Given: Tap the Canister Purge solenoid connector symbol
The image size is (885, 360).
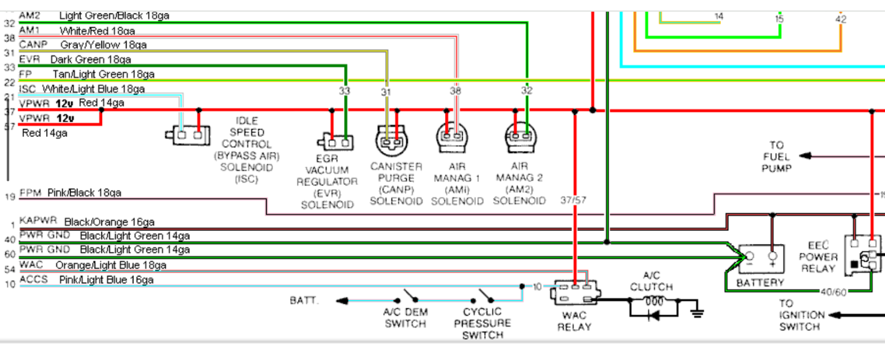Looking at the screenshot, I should [392, 141].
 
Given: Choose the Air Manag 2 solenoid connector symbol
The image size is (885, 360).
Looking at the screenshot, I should [522, 136].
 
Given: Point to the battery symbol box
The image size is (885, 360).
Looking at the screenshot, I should [760, 260].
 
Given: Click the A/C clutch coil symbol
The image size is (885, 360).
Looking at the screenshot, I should [653, 301].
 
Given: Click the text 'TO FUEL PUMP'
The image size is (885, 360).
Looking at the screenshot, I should [777, 157].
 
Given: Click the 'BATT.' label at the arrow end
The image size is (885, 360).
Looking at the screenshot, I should [305, 301].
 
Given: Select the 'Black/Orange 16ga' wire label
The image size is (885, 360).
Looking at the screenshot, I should [109, 222].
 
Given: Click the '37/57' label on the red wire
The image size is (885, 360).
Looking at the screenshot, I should [573, 200].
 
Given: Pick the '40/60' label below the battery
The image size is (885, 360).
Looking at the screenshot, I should [832, 291].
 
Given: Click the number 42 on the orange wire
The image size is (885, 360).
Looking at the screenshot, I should [841, 20].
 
